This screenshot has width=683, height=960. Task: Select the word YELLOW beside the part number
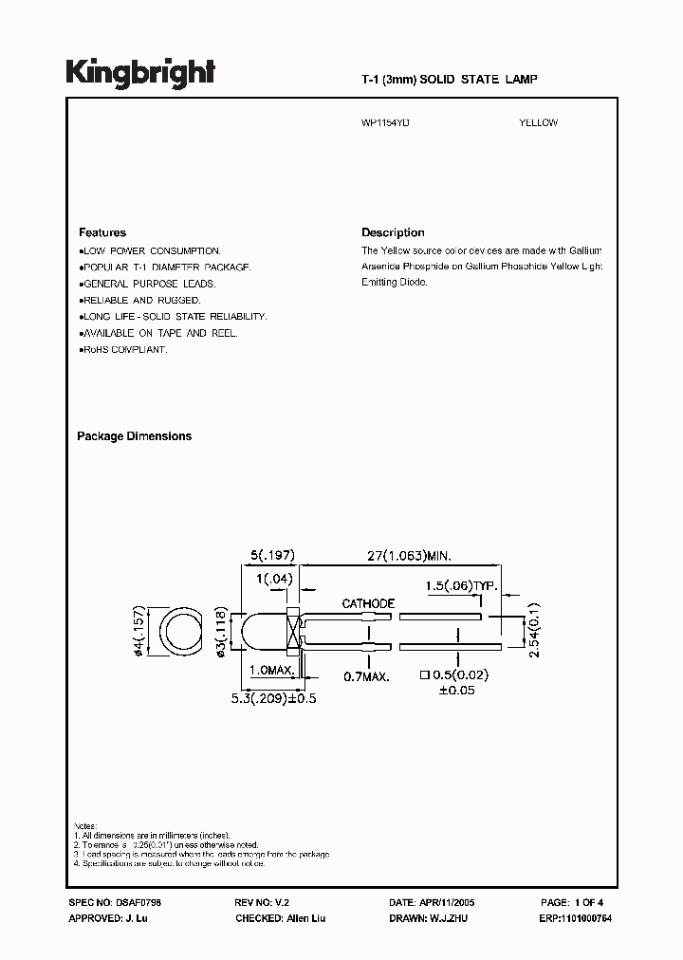[539, 123]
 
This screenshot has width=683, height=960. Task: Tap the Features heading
[102, 232]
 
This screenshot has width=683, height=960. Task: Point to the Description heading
[393, 232]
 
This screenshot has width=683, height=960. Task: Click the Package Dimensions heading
[134, 436]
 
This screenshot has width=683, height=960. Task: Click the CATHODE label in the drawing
[368, 603]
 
